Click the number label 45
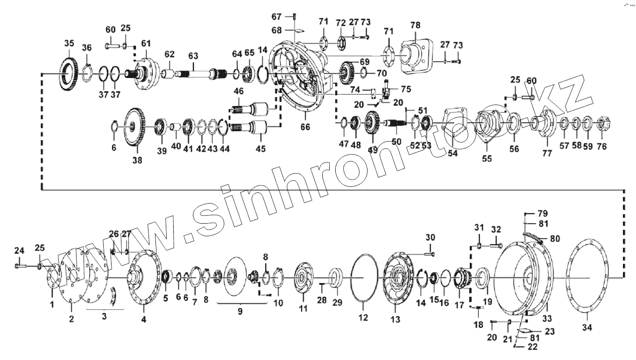[x=260, y=149]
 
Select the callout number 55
[x=487, y=158]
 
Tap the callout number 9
[x=240, y=311]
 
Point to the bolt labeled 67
[x=295, y=17]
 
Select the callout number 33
[x=547, y=319]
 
